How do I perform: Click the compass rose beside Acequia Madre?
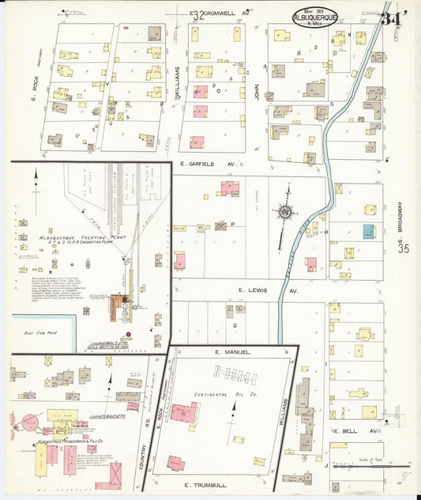point(284,211)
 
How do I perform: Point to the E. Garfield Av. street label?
point(209,165)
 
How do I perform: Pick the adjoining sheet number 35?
point(404,248)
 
